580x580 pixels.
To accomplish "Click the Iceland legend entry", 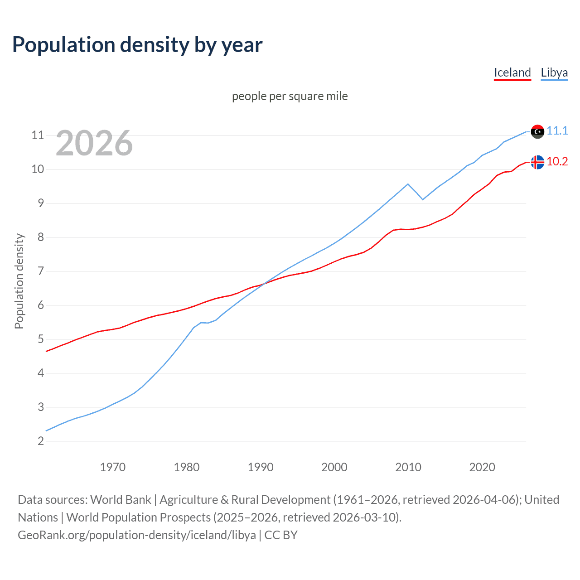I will pos(512,72).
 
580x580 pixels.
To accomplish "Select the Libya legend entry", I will pos(554,72).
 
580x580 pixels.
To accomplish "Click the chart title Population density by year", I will pos(137,44).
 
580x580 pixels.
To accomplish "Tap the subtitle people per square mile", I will pos(290,96).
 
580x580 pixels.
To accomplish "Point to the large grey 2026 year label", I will pos(94,143).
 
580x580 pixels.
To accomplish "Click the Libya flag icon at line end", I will pos(537,131).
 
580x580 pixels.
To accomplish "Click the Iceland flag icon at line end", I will pos(537,162).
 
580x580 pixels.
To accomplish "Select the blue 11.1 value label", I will pos(557,130).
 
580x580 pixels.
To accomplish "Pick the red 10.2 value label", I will pos(557,161).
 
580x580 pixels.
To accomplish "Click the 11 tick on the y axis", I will pos(38,135).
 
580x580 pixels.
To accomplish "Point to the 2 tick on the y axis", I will pos(41,441).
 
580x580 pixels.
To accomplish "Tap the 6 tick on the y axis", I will pos(41,305).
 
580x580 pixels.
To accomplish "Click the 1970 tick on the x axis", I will pos(112,467).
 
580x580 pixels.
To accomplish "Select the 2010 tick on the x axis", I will pos(408,467).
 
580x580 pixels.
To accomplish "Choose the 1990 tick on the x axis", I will pos(261,467).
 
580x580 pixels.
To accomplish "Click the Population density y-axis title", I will pos(19,281).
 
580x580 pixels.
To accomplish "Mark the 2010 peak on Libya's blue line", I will pos(408,184).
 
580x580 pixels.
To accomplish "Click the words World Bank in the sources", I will pos(121,499).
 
